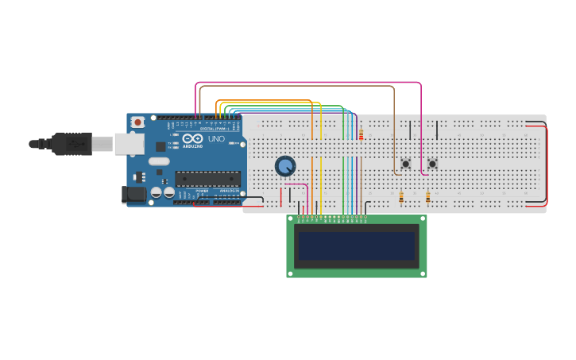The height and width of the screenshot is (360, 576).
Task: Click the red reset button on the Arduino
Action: (x=138, y=122)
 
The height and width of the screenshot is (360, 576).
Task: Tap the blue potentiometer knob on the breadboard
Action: (x=285, y=166)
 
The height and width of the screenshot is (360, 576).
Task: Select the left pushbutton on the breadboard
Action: (x=405, y=164)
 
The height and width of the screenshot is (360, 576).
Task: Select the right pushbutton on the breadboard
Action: (x=432, y=164)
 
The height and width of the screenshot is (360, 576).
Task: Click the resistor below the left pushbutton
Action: (x=401, y=196)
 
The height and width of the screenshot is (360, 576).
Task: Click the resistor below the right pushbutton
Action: (x=428, y=196)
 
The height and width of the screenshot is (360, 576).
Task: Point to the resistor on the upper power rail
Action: (x=361, y=135)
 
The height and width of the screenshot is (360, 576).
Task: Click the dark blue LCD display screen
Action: (x=357, y=246)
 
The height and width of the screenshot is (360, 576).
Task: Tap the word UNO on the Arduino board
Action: (x=216, y=139)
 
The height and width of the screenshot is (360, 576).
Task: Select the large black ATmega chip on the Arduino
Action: (x=207, y=179)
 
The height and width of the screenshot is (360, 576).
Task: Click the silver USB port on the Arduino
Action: (x=129, y=144)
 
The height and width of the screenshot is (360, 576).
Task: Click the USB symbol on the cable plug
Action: (x=75, y=144)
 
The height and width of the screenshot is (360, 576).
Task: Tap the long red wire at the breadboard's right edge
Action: (x=547, y=165)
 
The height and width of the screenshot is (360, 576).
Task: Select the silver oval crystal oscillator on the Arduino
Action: (x=159, y=161)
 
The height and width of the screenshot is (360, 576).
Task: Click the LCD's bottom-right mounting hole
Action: (x=423, y=273)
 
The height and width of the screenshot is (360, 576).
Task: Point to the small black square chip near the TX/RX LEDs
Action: (x=160, y=146)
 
